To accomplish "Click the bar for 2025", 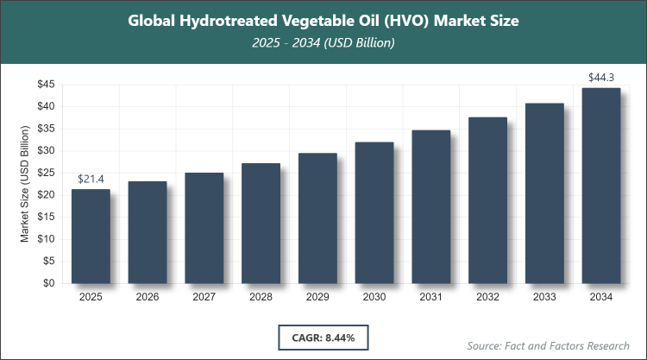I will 91,236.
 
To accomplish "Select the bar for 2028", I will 261,223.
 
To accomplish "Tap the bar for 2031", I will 431,206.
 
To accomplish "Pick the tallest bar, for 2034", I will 601,186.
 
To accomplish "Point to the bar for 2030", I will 374,212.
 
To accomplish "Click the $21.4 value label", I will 91,178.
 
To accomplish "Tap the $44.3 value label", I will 601,78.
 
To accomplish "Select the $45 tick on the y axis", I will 47,85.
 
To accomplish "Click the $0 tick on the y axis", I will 51,283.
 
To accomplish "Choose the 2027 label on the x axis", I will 204,297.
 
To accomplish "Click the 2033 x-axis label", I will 544,297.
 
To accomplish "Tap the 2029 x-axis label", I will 317,297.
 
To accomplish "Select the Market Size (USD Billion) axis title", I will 25,183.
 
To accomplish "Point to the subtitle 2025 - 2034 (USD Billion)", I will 323,42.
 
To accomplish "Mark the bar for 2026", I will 148,232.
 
